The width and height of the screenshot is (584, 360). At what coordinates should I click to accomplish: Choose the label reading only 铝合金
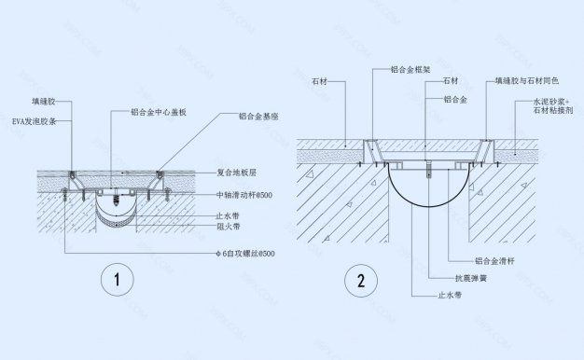(x=455, y=98)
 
